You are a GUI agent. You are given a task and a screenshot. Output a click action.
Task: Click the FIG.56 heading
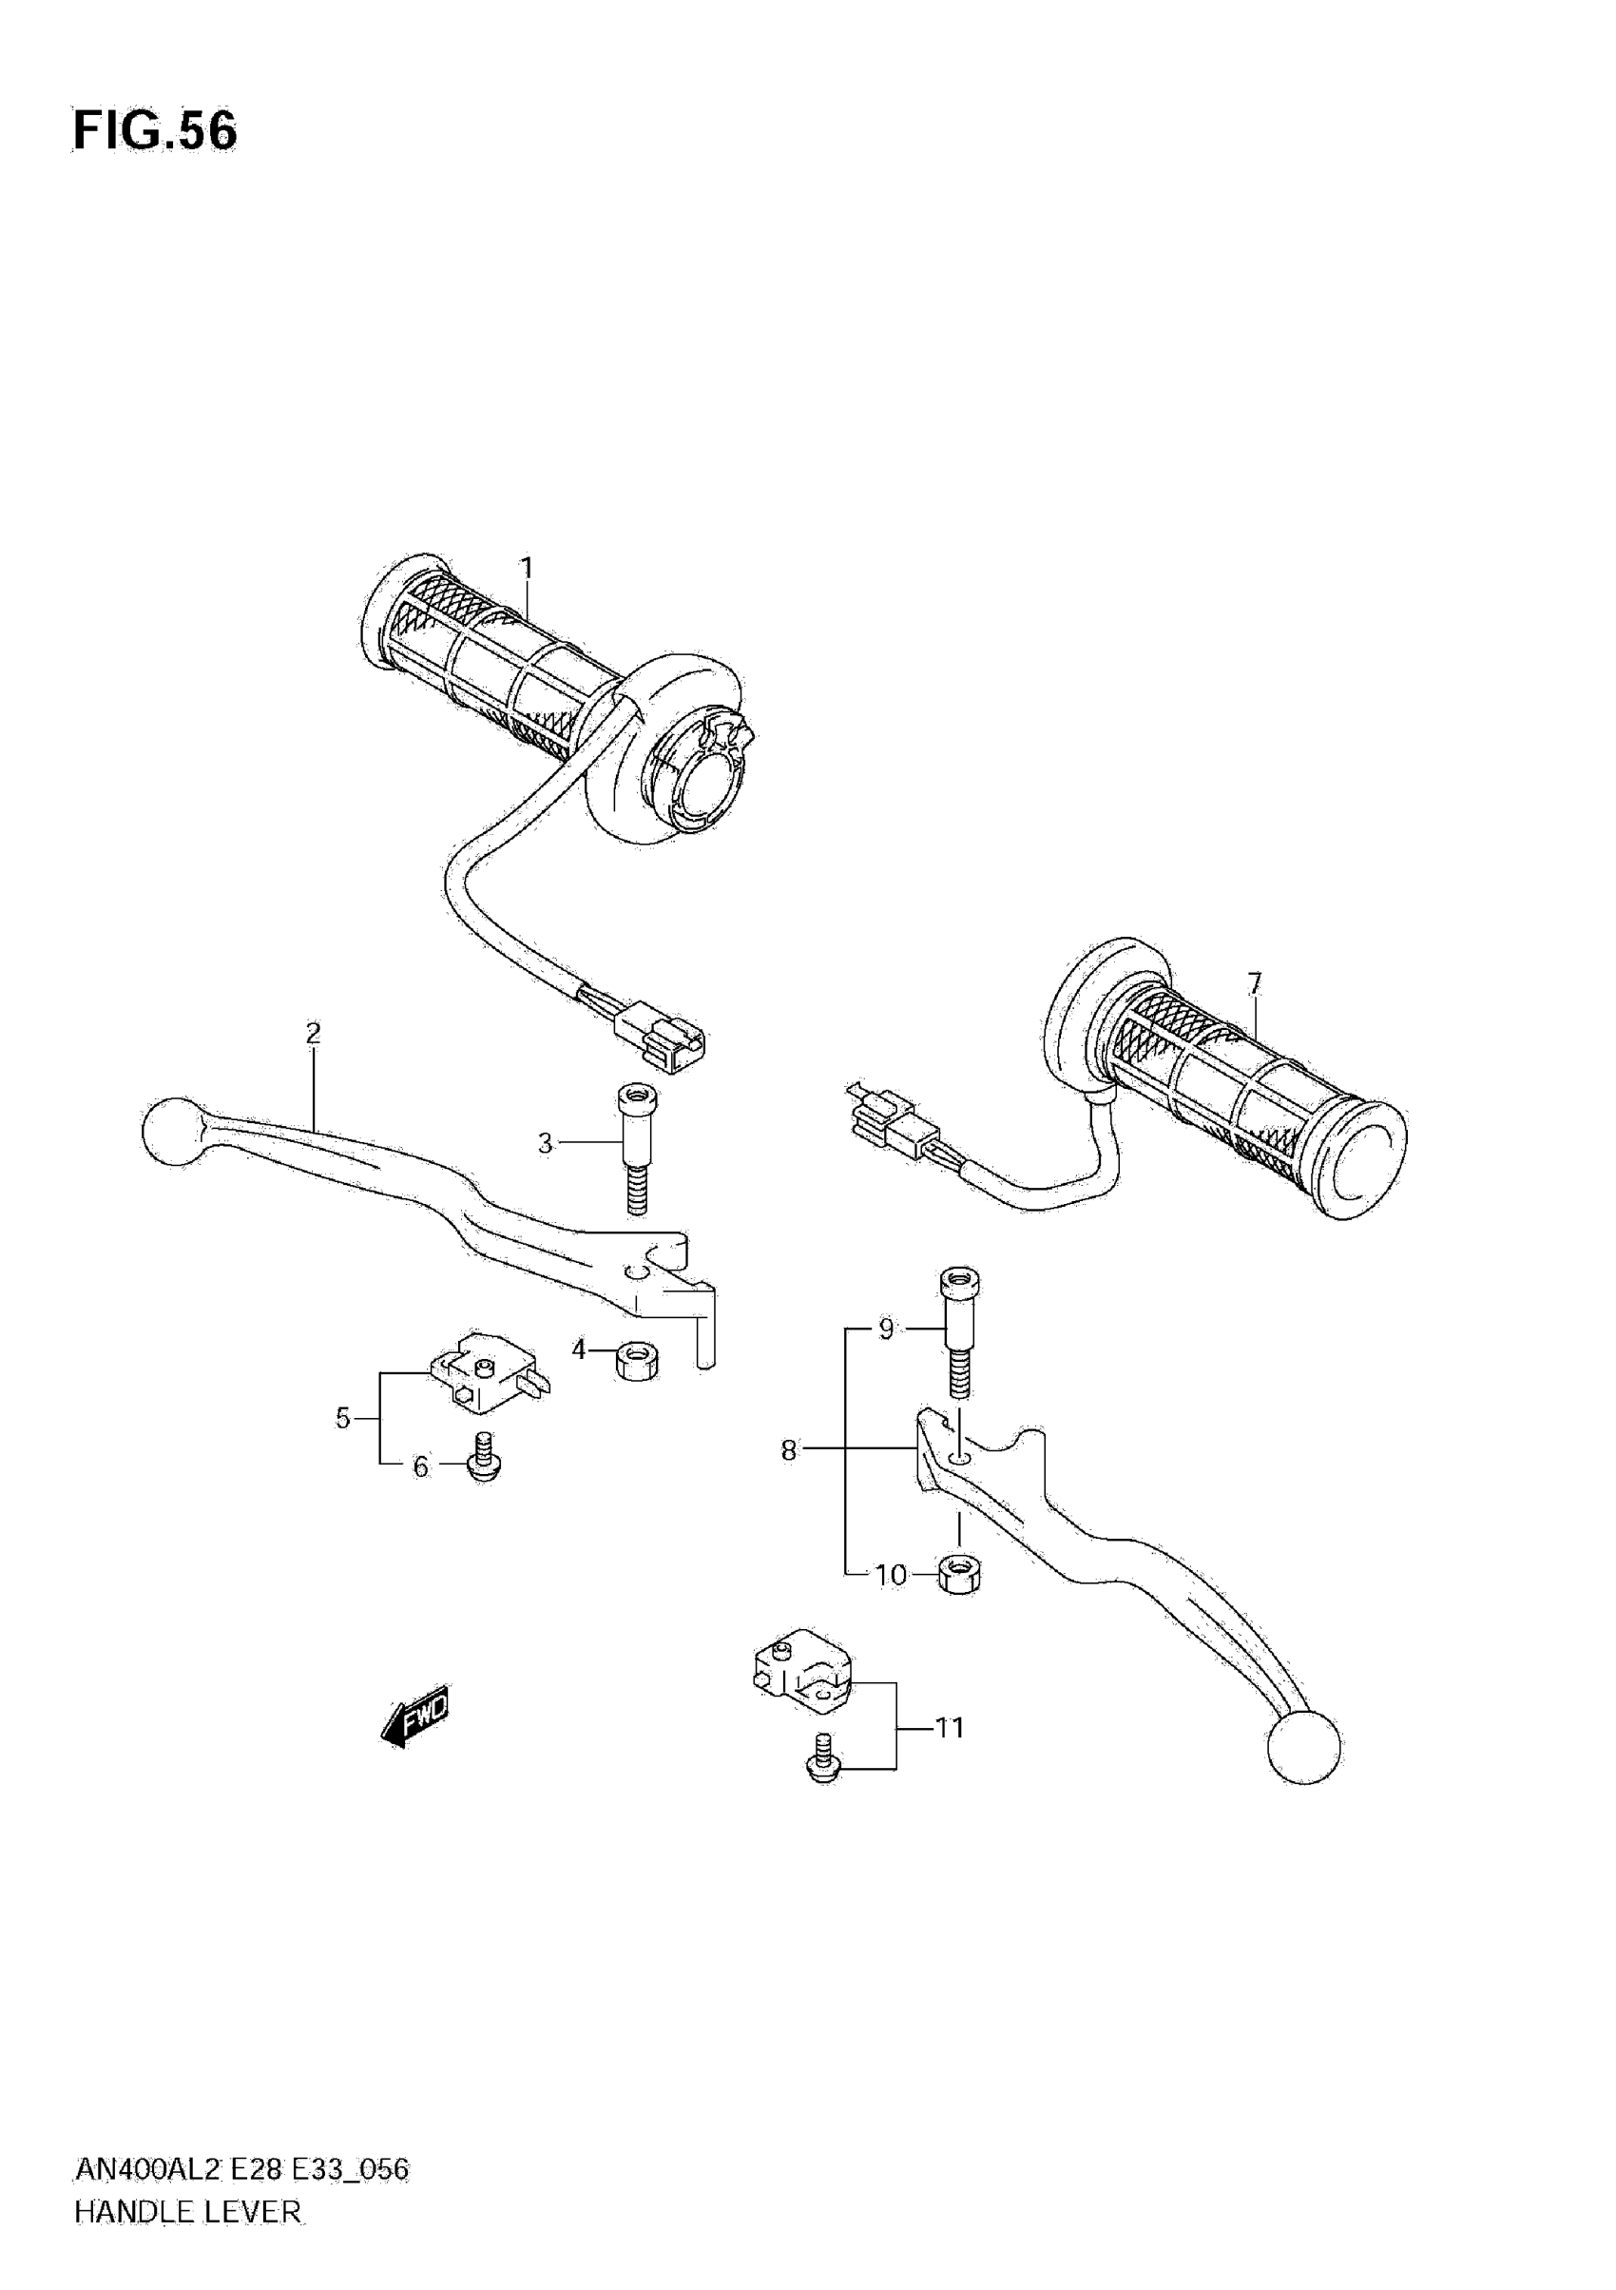pyautogui.click(x=156, y=130)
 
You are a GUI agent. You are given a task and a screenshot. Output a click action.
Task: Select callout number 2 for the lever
pyautogui.click(x=313, y=1034)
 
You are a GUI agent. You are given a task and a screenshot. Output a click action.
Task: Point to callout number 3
pyautogui.click(x=545, y=1144)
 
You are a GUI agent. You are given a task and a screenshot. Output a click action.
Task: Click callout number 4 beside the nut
pyautogui.click(x=578, y=1350)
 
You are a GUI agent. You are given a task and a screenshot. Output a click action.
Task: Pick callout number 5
pyautogui.click(x=343, y=1418)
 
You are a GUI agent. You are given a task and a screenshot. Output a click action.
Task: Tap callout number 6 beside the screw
pyautogui.click(x=420, y=1467)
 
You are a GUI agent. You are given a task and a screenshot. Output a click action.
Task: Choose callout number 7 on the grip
pyautogui.click(x=1254, y=983)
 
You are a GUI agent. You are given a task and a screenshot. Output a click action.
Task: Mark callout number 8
pyautogui.click(x=789, y=1450)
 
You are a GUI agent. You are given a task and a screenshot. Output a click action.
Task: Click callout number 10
pyautogui.click(x=891, y=1575)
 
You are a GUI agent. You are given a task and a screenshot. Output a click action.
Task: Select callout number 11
pyautogui.click(x=949, y=1727)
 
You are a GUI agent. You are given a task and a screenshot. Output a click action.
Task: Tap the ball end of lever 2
pyautogui.click(x=172, y=1130)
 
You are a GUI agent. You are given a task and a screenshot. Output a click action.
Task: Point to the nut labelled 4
pyautogui.click(x=636, y=1361)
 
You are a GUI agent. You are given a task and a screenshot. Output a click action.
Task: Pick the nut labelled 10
pyautogui.click(x=957, y=1576)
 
